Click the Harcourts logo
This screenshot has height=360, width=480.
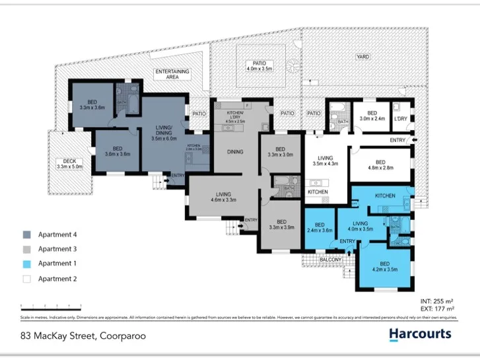point(420,334)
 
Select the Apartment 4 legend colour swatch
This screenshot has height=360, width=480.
point(26,234)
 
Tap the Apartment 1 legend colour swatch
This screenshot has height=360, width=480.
point(26,264)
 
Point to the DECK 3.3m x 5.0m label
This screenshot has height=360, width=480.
point(69,164)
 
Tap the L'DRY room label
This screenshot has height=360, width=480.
point(400,119)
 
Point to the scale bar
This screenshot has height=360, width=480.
point(51,305)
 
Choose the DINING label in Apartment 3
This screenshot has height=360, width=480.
point(234,152)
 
